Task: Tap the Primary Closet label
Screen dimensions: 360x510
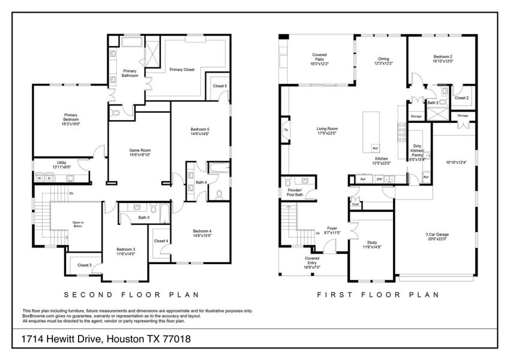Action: pos(182,70)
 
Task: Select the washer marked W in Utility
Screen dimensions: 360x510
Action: pos(40,178)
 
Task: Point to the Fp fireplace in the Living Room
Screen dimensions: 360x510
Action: pos(286,130)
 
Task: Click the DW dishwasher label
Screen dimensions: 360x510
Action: pos(379,179)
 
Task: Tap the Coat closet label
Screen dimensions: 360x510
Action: pos(355,203)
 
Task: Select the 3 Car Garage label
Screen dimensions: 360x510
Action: pos(424,236)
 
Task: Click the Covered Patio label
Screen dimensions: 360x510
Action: pos(319,58)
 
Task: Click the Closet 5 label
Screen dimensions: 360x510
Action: pos(220,86)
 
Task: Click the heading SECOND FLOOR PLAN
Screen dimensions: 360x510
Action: pos(131,295)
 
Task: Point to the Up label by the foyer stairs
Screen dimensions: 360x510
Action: pos(317,233)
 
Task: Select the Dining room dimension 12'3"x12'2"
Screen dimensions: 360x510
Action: pos(383,63)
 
